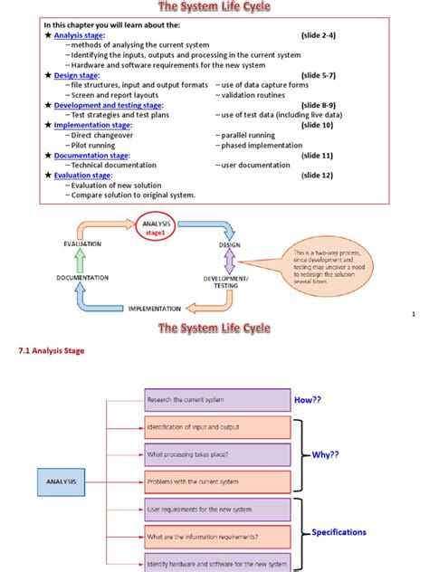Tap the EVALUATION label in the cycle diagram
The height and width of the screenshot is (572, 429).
click(x=82, y=244)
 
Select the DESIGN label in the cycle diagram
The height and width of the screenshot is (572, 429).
click(x=229, y=244)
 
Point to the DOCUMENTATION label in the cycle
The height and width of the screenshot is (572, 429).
click(x=82, y=277)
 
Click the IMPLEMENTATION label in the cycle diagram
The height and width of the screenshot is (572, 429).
click(x=154, y=309)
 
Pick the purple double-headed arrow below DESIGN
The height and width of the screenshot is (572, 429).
click(x=229, y=261)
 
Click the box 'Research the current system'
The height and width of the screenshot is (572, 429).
click(x=216, y=399)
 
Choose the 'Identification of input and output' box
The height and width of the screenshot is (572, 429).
click(x=216, y=427)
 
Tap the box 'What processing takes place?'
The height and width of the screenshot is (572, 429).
click(x=216, y=454)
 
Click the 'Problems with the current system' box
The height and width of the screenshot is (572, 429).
click(x=216, y=482)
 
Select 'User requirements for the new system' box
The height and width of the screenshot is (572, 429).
click(x=216, y=510)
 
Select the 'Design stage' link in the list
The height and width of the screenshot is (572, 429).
click(x=75, y=75)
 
